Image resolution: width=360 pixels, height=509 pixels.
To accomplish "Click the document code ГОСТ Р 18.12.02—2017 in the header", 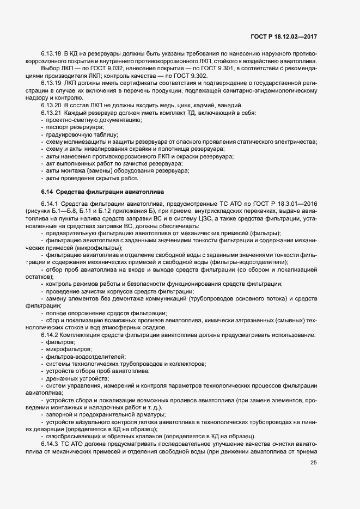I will (x=284, y=36).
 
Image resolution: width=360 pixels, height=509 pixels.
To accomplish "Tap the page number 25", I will (x=313, y=463).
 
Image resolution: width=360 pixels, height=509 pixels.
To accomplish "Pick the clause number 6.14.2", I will (x=50, y=334).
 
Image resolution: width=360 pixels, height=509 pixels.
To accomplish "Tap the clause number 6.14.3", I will (x=50, y=444).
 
